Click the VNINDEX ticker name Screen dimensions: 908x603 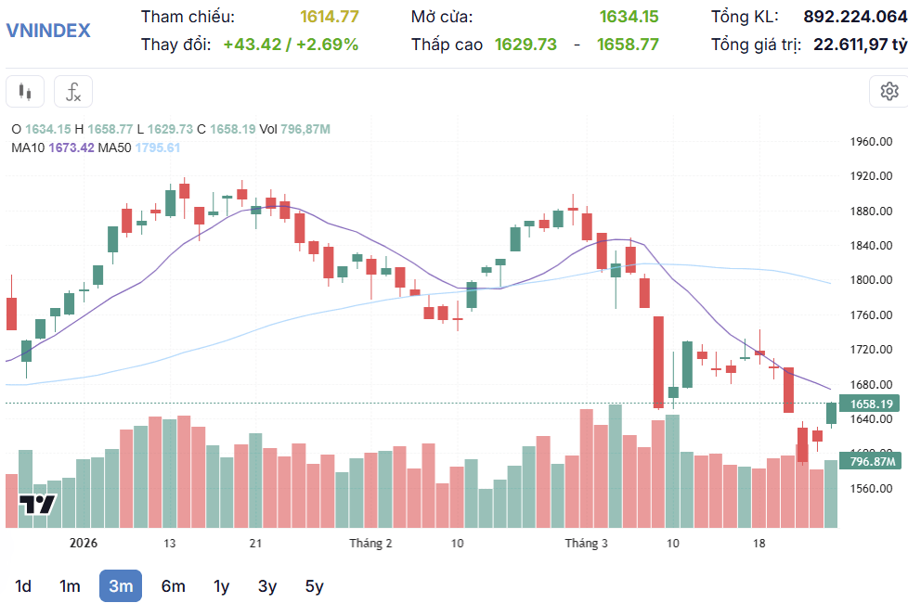pyautogui.click(x=48, y=30)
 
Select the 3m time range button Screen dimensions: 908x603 pyautogui.click(x=121, y=585)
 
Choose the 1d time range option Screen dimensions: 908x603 pyautogui.click(x=23, y=586)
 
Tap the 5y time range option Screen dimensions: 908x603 pyautogui.click(x=315, y=586)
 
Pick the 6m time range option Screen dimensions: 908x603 pyautogui.click(x=173, y=586)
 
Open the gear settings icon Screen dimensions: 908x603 pyautogui.click(x=889, y=92)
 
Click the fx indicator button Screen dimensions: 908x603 pyautogui.click(x=73, y=92)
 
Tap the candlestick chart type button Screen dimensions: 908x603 pyautogui.click(x=25, y=92)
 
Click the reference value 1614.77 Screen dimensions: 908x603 pyautogui.click(x=330, y=16)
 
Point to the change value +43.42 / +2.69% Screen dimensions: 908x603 pyautogui.click(x=291, y=44)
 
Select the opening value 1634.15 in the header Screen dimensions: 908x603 pyautogui.click(x=629, y=16)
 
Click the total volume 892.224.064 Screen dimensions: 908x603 pyautogui.click(x=855, y=16)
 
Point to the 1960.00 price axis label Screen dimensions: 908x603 pyautogui.click(x=871, y=141)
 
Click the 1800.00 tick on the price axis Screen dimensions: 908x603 pyautogui.click(x=871, y=279)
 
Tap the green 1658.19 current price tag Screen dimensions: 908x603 pyautogui.click(x=870, y=404)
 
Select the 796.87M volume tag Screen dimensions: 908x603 pyautogui.click(x=870, y=461)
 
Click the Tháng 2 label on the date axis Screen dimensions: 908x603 pyautogui.click(x=370, y=544)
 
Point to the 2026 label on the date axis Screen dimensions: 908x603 pyautogui.click(x=84, y=543)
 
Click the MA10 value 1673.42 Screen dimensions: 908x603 pyautogui.click(x=71, y=148)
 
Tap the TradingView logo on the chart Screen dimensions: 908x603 pyautogui.click(x=38, y=505)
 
